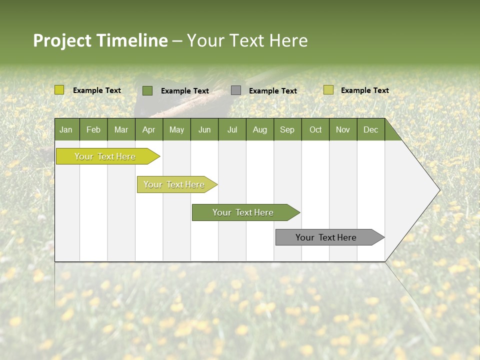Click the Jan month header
click(66, 129)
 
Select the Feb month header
click(93, 129)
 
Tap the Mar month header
click(121, 129)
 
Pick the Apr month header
click(149, 129)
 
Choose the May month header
click(176, 129)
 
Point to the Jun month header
click(204, 129)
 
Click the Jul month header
click(232, 129)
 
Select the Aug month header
click(260, 129)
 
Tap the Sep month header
click(287, 129)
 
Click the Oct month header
click(315, 129)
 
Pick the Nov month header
click(343, 129)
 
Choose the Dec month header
click(371, 129)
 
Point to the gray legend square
click(236, 90)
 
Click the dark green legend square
click(147, 90)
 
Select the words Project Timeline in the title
click(100, 40)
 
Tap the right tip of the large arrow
click(438, 190)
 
